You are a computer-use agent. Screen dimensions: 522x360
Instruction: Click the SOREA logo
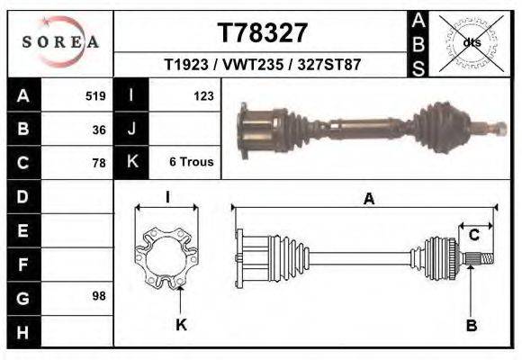tap(60, 41)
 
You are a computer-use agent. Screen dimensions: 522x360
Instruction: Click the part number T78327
tap(262, 33)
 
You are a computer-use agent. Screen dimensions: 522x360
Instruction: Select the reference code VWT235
tap(253, 64)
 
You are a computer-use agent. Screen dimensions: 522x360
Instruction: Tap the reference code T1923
tap(186, 64)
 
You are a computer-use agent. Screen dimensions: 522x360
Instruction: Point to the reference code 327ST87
tap(329, 64)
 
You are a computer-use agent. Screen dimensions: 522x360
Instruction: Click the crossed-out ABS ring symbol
tap(471, 43)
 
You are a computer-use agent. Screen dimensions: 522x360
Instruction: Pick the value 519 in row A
tap(95, 96)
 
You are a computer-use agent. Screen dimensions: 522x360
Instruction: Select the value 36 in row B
tap(99, 130)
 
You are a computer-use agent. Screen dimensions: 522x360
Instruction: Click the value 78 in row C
tap(99, 163)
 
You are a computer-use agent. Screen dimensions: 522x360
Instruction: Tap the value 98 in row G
tap(99, 296)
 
